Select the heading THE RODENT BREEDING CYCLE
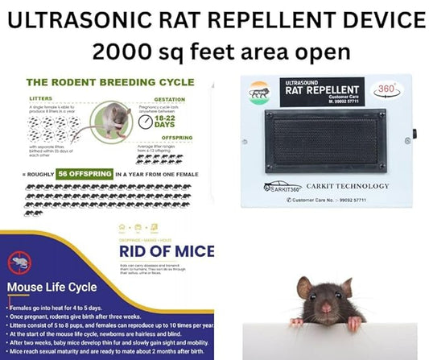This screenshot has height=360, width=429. pyautogui.click(x=109, y=82)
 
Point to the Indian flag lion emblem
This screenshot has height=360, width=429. pyautogui.click(x=260, y=91)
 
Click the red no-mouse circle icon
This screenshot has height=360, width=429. pyautogui.click(x=21, y=263)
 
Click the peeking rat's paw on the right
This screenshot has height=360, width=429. pyautogui.click(x=355, y=323)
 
